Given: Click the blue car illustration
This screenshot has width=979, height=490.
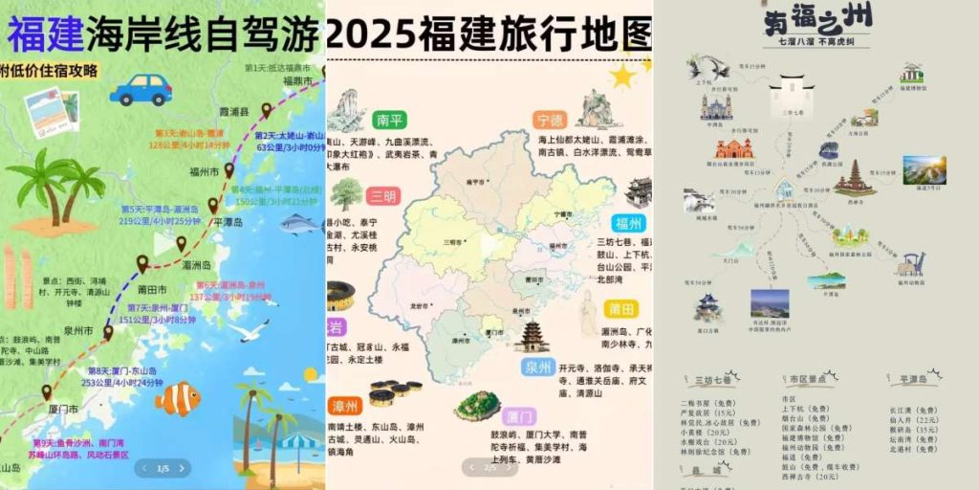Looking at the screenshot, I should click(141, 89).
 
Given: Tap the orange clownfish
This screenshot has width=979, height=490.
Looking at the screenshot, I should click(178, 398).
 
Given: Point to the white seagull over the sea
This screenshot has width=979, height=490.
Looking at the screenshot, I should click(250, 331).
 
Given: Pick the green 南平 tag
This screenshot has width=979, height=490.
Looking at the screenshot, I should click(389, 120).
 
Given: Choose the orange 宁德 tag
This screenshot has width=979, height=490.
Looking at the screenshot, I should click(550, 121).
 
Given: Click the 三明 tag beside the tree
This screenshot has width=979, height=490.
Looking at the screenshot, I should click(383, 196).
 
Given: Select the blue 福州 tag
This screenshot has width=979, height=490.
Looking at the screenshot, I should click(629, 224).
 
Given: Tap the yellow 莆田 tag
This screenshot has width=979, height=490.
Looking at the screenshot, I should click(617, 308).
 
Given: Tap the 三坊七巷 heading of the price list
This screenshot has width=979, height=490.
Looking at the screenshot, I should click(717, 380).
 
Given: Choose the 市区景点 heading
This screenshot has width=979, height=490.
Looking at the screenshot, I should click(806, 380).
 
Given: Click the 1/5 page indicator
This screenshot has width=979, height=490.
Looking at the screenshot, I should click(163, 468).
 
